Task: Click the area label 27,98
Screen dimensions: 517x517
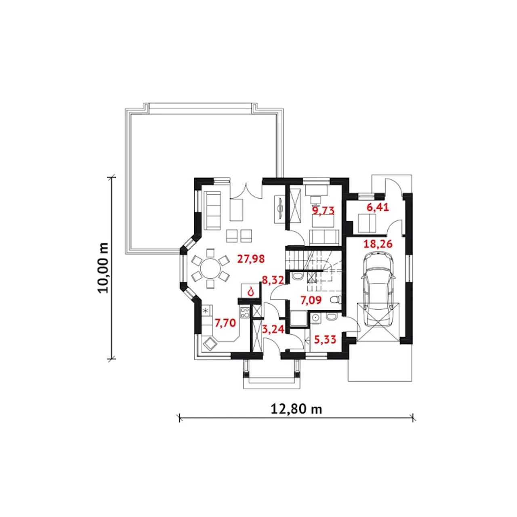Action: pos(251,259)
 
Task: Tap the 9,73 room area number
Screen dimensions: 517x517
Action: pos(323,210)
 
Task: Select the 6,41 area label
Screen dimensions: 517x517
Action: pos(378,208)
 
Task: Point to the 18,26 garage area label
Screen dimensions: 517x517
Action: pos(378,244)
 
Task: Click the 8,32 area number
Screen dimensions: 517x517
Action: pos(273,281)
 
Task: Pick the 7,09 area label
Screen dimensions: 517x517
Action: pos(311,301)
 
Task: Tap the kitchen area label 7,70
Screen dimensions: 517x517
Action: pos(225,323)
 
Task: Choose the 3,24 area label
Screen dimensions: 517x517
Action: pos(273,329)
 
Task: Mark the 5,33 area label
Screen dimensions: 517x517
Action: pos(325,340)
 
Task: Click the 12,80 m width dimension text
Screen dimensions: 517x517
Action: pos(296,409)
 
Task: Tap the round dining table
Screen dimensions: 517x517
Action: pos(210,268)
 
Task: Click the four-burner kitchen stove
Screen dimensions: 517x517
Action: pos(245,312)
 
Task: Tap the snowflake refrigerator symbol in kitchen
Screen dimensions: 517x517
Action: pos(206,311)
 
